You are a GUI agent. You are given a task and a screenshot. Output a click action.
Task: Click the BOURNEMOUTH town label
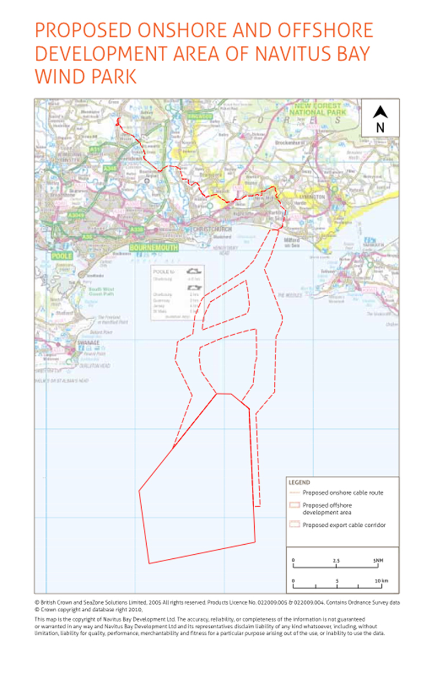point(153,247)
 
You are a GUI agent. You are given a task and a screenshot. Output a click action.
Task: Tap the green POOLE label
point(62,255)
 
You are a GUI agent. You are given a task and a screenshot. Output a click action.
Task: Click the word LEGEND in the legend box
point(299,482)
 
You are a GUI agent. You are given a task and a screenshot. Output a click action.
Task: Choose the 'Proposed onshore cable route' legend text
point(343,493)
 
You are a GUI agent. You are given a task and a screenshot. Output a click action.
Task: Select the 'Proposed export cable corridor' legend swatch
point(293,525)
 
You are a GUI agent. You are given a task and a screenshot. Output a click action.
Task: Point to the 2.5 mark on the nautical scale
point(336,560)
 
